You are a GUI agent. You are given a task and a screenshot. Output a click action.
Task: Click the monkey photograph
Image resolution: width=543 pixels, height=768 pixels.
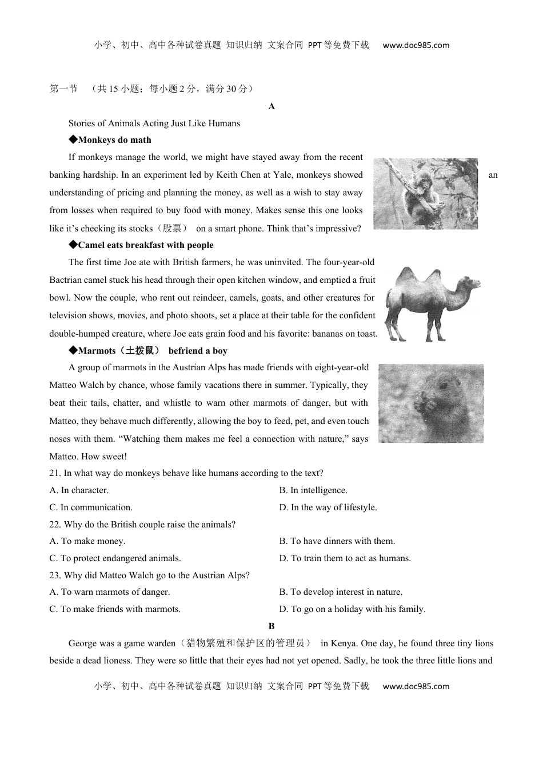(425, 194)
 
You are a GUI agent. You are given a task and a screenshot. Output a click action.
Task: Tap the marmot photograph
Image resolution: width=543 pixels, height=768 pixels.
(430, 403)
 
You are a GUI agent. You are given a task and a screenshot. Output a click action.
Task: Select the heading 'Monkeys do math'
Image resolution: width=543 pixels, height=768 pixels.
(114, 140)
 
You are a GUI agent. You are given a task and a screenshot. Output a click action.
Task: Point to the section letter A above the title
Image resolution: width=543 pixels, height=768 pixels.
(271, 106)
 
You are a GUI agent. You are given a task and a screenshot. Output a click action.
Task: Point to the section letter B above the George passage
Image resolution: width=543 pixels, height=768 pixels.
(271, 626)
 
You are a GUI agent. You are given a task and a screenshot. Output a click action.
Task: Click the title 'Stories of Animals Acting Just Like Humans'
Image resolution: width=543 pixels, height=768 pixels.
(154, 123)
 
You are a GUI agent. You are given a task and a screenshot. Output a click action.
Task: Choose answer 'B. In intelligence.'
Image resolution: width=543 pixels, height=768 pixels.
(313, 490)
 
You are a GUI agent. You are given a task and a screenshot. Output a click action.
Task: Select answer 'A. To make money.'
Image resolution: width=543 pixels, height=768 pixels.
(87, 541)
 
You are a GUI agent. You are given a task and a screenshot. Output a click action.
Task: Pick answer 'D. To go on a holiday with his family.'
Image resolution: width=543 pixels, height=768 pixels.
(352, 609)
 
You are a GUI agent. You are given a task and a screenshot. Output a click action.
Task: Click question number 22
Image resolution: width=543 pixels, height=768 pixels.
(55, 525)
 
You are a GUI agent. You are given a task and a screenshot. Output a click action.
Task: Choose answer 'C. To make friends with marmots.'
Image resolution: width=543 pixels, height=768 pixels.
(115, 609)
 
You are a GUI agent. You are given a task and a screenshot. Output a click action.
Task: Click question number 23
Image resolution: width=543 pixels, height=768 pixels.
(55, 575)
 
